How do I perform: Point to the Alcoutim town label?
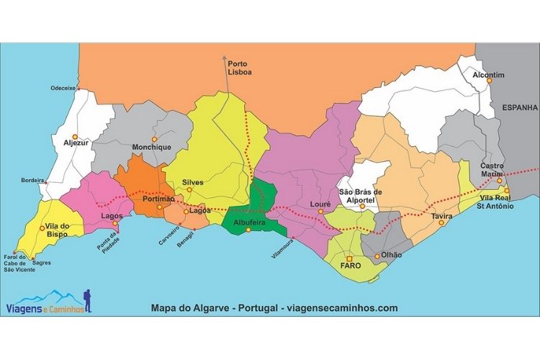tap(489, 75)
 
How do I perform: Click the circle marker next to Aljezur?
tap(74, 136)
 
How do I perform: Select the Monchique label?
tap(152, 148)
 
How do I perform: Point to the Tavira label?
tap(441, 216)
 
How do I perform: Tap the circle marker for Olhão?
tap(377, 255)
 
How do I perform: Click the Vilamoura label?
tap(282, 247)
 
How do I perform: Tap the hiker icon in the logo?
tap(88, 301)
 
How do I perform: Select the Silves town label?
tap(192, 182)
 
